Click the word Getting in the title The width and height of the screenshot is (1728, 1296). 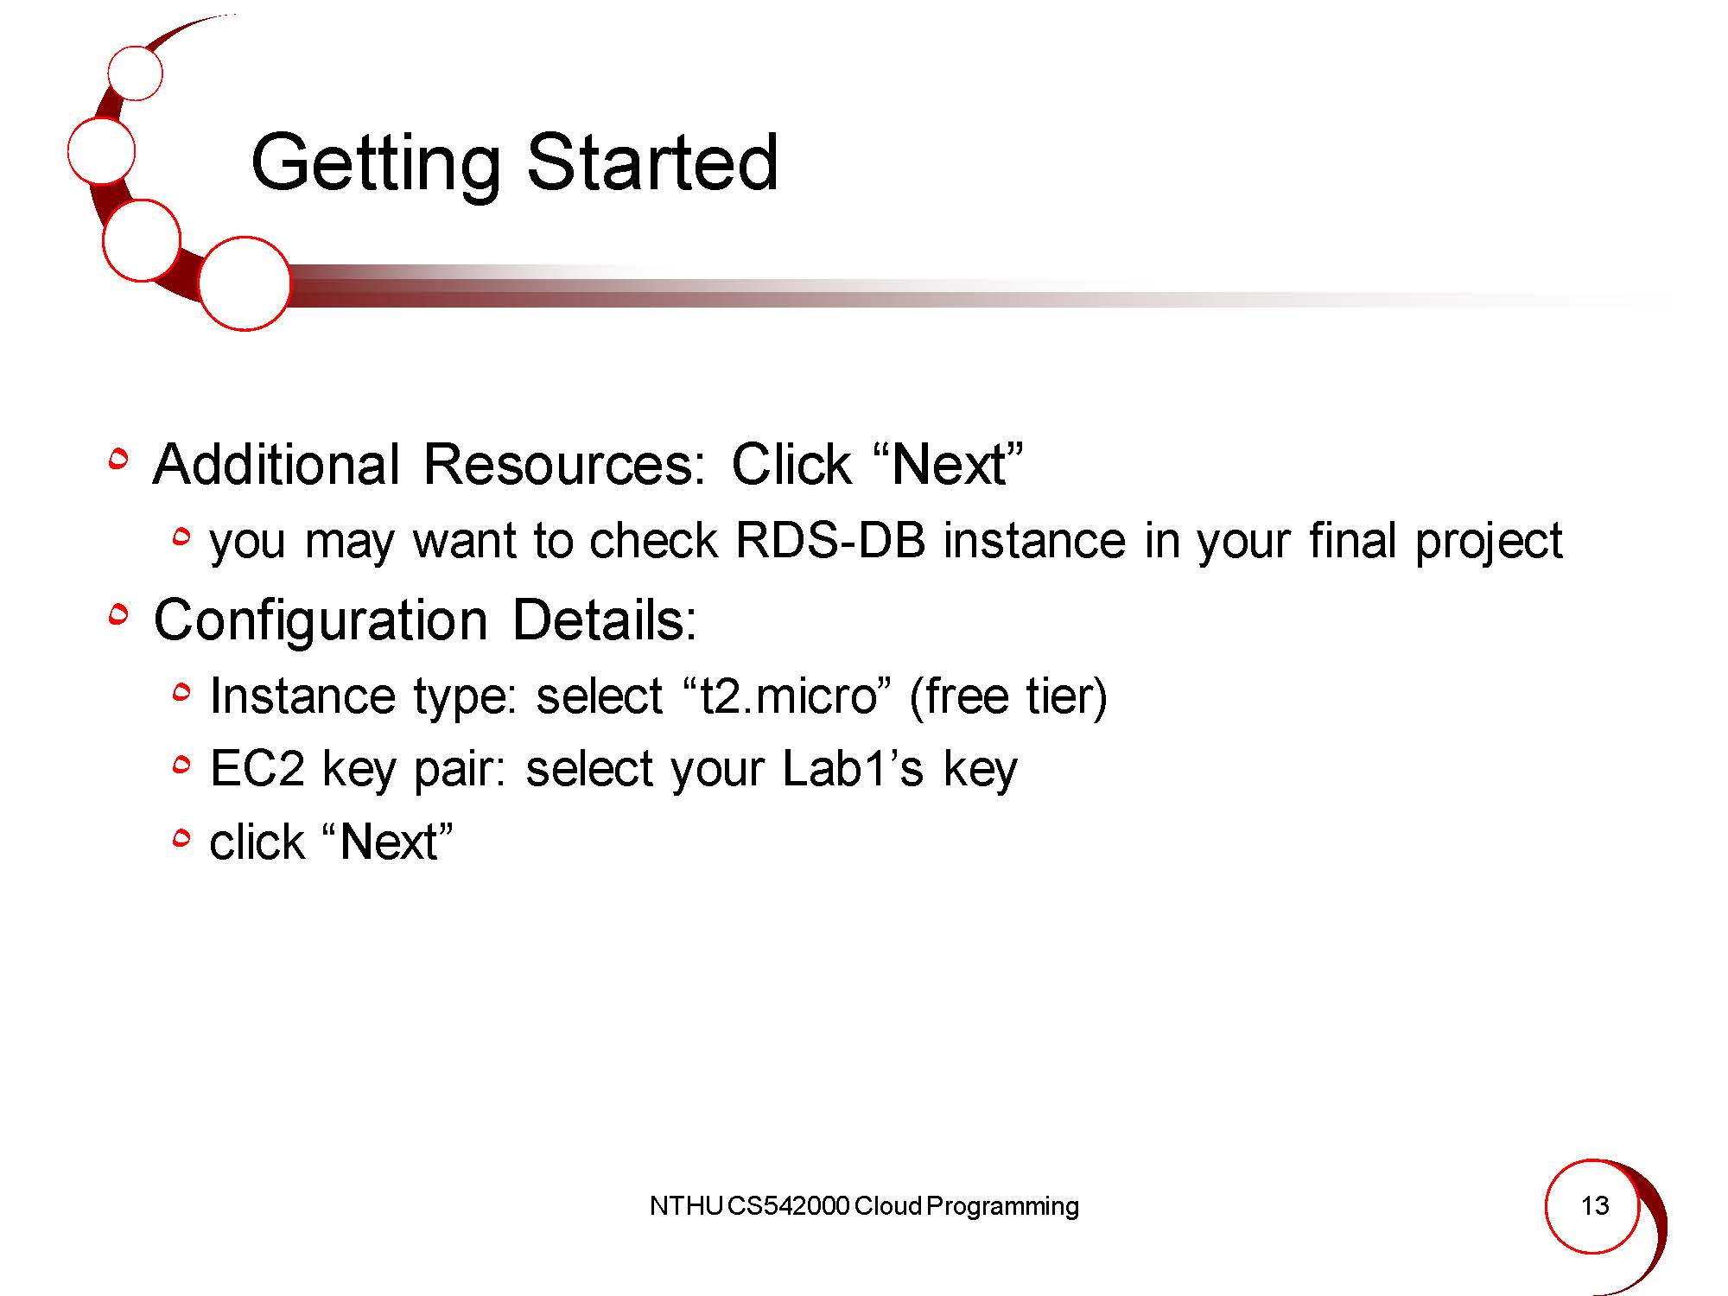pos(375,164)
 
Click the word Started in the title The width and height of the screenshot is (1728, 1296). pos(652,162)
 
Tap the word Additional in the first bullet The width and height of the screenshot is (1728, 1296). pos(276,464)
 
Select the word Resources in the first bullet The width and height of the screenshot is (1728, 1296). pos(571,464)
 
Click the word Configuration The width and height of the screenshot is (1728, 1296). pos(321,621)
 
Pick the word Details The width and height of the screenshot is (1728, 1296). pos(604,619)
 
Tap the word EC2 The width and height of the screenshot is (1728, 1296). pos(257,768)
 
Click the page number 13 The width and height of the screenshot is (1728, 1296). pos(1594,1205)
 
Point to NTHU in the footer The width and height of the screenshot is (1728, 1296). pos(685,1206)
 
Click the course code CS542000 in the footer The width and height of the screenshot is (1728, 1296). pos(788,1206)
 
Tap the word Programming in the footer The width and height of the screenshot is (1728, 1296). pos(1002,1207)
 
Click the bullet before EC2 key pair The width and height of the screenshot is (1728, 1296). pos(181,765)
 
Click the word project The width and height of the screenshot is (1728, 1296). pos(1489,543)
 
